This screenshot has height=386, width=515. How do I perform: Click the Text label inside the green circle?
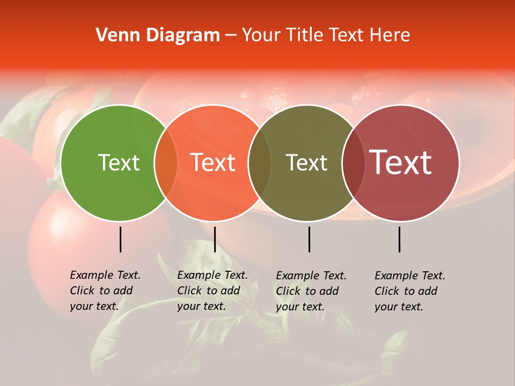[x=119, y=162]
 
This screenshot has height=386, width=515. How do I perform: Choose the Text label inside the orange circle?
[x=213, y=162]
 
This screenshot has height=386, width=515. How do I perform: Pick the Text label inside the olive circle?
[x=306, y=162]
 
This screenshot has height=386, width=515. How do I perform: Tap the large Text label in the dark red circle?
[x=400, y=162]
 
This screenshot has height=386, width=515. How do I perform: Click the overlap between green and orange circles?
[x=166, y=162]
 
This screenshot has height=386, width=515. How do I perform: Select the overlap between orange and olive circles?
[x=259, y=162]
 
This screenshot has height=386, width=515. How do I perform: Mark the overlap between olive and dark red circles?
[x=353, y=162]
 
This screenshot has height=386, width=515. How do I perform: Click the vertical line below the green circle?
[x=120, y=239]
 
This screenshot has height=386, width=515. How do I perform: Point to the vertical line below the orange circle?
[x=215, y=239]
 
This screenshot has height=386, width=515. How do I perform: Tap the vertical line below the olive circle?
[x=309, y=239]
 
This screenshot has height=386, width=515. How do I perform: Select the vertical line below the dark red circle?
[x=400, y=239]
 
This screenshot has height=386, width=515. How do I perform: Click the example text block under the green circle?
[x=105, y=291]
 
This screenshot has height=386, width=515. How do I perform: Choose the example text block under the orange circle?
[x=212, y=291]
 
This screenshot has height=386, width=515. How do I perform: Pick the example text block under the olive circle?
[x=311, y=291]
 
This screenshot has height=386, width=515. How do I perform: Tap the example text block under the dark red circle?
[x=409, y=291]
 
